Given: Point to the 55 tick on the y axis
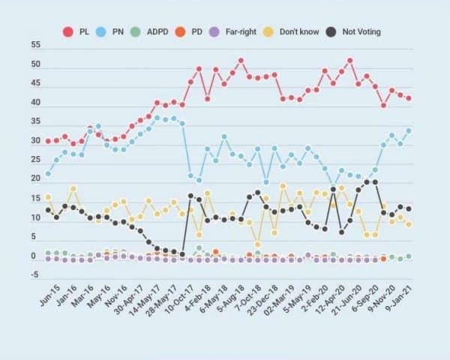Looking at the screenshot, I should point(34,45).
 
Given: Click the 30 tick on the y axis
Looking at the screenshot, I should point(34,141).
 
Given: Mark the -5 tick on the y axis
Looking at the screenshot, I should point(34,275).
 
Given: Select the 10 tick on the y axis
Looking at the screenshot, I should point(34,217).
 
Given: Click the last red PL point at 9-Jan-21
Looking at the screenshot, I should point(409,98).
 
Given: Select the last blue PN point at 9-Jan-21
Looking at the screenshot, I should point(409,130).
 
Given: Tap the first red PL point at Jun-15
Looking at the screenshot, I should point(48,141).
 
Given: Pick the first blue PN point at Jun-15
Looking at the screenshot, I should point(48,174).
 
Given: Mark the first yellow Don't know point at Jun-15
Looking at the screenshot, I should point(48,196).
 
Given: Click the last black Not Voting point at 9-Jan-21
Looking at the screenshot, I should point(409,209).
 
